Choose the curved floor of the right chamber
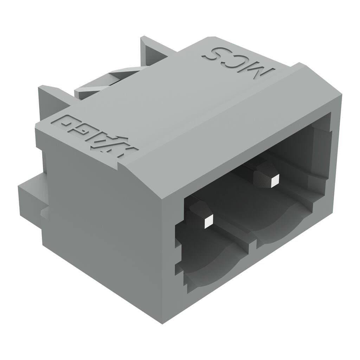(x=285, y=225)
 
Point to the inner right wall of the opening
(x=323, y=158)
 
